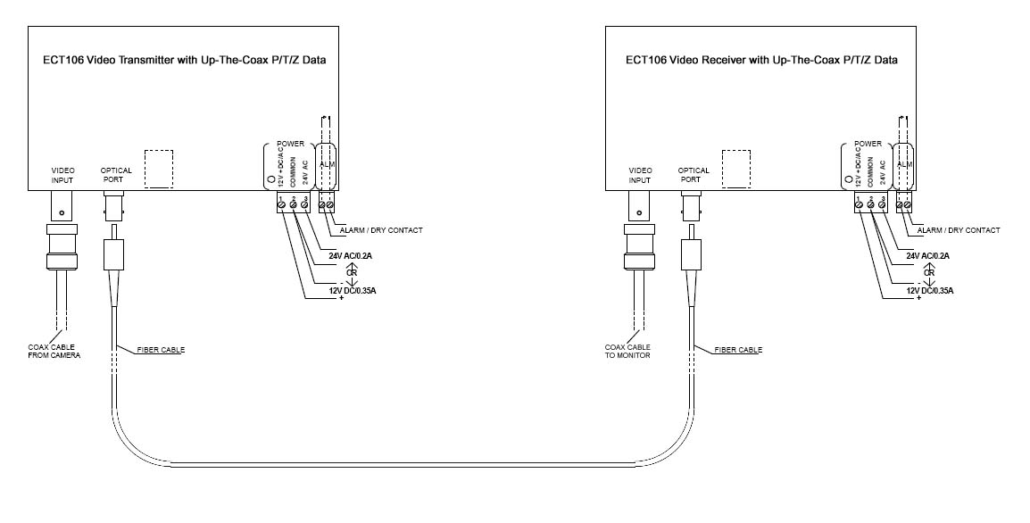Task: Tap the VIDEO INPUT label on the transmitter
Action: coord(62,175)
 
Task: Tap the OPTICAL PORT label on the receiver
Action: coord(694,175)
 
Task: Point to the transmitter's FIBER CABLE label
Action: coord(161,350)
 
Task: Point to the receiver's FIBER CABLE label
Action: coord(738,350)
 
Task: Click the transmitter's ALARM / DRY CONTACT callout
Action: coord(382,230)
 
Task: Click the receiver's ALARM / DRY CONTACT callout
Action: coord(959,230)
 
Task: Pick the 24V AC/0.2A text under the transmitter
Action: coord(350,255)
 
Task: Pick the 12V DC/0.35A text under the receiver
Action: coord(928,291)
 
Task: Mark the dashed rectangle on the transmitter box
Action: coord(158,168)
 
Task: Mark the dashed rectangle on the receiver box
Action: coord(735,168)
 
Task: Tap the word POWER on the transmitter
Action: coord(291,144)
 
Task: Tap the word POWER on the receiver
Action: coord(868,144)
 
